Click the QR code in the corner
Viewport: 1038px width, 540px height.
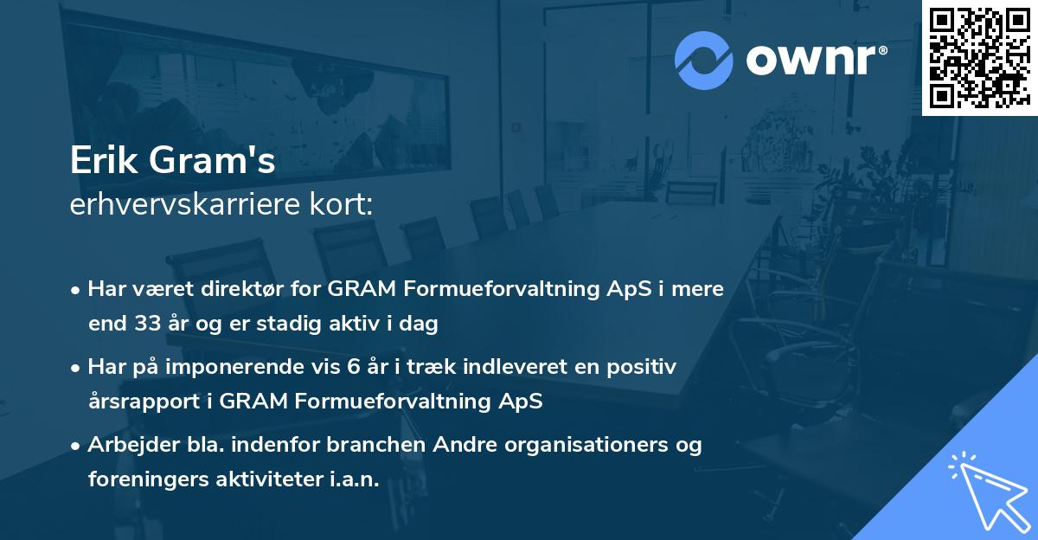coord(979,58)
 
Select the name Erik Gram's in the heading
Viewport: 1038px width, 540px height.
coord(173,162)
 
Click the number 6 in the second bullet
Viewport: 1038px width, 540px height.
coord(351,367)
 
